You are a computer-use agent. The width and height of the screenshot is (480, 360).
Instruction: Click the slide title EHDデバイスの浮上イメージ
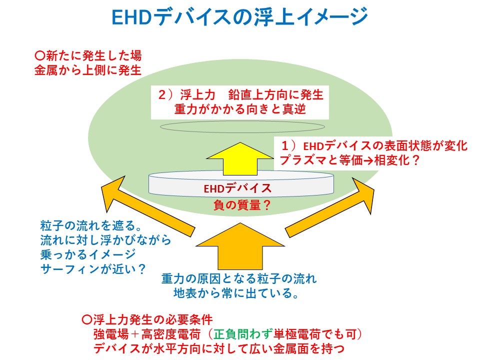pyautogui.click(x=239, y=16)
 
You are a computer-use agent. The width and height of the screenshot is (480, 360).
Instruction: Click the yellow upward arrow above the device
pyautogui.click(x=240, y=158)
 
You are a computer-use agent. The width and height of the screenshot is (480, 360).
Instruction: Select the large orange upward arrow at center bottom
pyautogui.click(x=240, y=246)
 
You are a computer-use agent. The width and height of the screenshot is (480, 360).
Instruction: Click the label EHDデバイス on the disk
pyautogui.click(x=237, y=188)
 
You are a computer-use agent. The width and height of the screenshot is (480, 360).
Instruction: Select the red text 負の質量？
pyautogui.click(x=242, y=204)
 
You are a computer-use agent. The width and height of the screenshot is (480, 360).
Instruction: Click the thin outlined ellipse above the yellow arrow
pyautogui.click(x=242, y=126)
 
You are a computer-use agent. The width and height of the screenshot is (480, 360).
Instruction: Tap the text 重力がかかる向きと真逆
pyautogui.click(x=240, y=109)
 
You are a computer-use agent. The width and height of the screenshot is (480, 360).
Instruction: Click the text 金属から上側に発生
pyautogui.click(x=88, y=70)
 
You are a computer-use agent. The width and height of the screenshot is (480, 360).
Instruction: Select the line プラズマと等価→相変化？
pyautogui.click(x=349, y=160)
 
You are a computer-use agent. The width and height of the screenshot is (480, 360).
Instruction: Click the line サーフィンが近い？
pyautogui.click(x=93, y=269)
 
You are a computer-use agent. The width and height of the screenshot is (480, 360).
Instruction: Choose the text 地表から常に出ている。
pyautogui.click(x=236, y=293)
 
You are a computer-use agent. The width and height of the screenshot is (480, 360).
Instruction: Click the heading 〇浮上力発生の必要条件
pyautogui.click(x=147, y=320)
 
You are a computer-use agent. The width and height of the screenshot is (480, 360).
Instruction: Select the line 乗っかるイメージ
pyautogui.click(x=88, y=254)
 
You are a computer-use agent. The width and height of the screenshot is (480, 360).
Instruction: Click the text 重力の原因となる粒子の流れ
pyautogui.click(x=239, y=278)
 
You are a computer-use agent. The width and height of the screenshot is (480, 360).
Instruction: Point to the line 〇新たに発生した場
pyautogui.click(x=88, y=55)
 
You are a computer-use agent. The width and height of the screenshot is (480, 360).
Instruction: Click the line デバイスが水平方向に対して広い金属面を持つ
pyautogui.click(x=218, y=348)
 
